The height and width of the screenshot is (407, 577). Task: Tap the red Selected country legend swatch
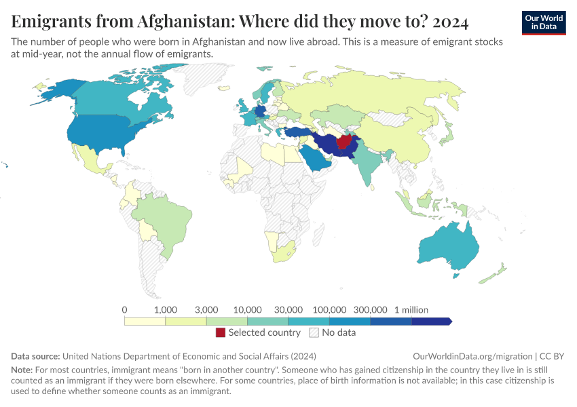click(x=221, y=333)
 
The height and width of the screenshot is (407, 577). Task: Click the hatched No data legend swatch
click(x=314, y=333)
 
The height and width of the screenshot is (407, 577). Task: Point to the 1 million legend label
click(x=411, y=309)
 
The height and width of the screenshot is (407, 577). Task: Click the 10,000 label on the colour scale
click(x=247, y=309)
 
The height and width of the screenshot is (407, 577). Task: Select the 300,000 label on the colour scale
click(x=370, y=309)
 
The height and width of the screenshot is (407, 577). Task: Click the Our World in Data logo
click(x=544, y=22)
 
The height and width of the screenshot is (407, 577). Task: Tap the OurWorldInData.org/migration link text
click(x=472, y=356)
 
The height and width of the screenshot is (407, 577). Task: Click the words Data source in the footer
click(x=36, y=356)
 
